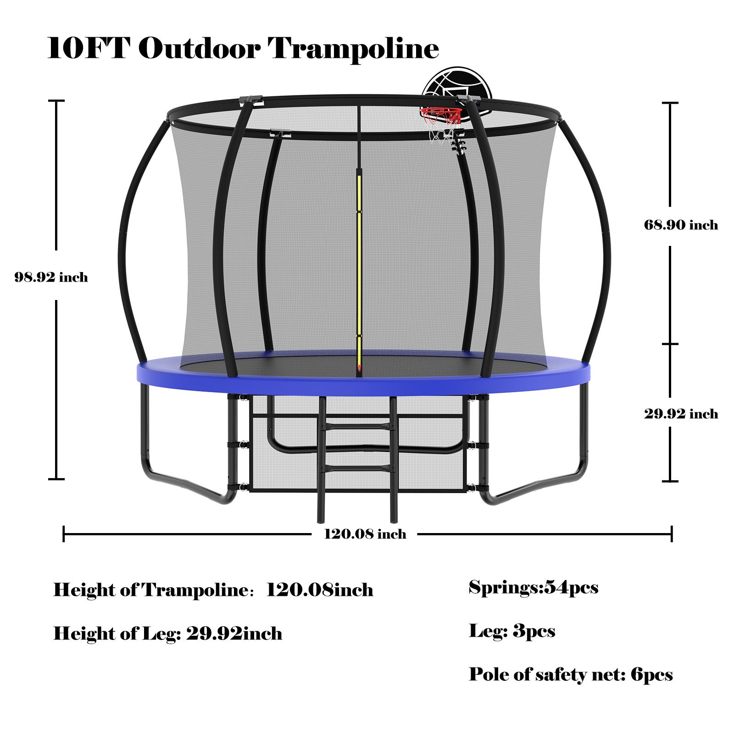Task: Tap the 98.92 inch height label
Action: pyautogui.click(x=51, y=277)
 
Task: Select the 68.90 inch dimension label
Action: pyautogui.click(x=681, y=225)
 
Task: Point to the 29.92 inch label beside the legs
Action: pyautogui.click(x=681, y=414)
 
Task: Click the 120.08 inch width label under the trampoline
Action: pyautogui.click(x=365, y=534)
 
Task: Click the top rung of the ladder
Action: pyautogui.click(x=356, y=427)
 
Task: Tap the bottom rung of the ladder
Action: pyautogui.click(x=356, y=468)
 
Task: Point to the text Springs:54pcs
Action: pyautogui.click(x=534, y=588)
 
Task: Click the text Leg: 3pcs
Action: pyautogui.click(x=512, y=631)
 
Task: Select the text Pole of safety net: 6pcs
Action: pyautogui.click(x=571, y=674)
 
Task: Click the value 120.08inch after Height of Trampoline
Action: pyautogui.click(x=320, y=589)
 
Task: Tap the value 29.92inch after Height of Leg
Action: pyautogui.click(x=234, y=634)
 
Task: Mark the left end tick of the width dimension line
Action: pyautogui.click(x=64, y=534)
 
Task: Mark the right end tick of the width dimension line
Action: pyautogui.click(x=672, y=534)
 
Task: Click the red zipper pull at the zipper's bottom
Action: pyautogui.click(x=359, y=367)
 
